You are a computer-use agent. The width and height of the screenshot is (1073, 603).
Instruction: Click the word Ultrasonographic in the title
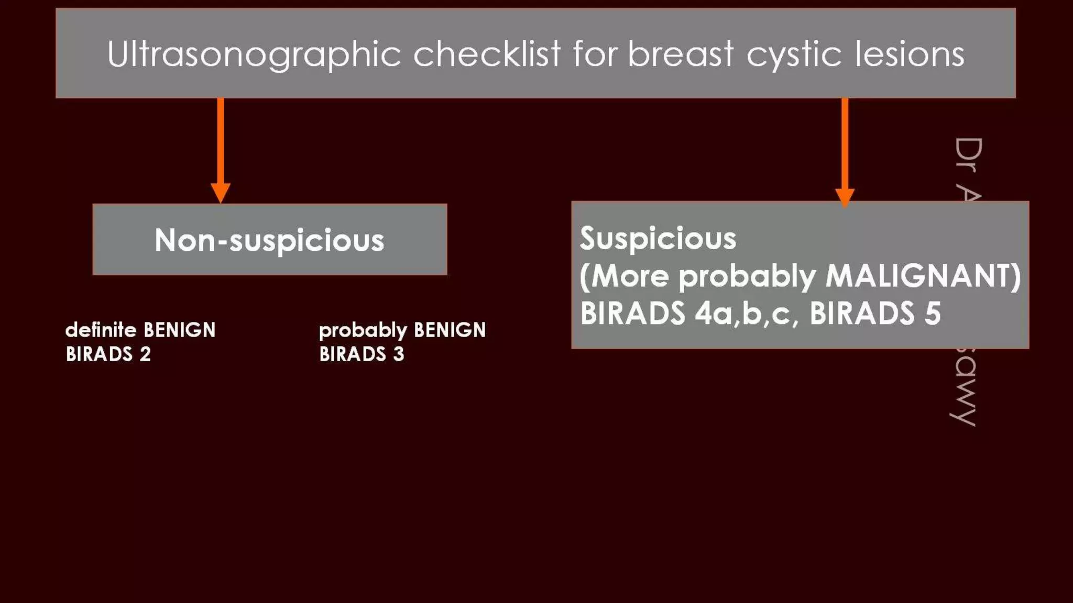pos(254,54)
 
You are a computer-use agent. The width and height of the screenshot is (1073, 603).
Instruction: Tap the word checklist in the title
pos(487,53)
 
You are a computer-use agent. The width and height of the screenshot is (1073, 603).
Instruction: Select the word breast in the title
pos(681,53)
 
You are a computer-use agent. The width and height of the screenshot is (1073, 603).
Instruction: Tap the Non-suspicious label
pos(269,240)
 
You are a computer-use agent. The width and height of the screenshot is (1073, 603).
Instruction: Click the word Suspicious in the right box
pos(658,239)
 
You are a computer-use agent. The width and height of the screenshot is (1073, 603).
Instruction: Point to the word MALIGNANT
pos(923,276)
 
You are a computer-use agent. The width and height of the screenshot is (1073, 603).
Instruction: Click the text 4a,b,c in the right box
pos(747,314)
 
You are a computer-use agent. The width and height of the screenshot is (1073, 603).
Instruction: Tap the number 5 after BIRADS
pos(933,314)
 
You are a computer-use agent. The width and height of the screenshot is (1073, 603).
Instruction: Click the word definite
pos(101,330)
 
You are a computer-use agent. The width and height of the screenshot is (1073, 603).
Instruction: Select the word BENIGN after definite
pos(179,330)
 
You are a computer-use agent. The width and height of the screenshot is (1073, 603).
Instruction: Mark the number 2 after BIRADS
pos(145,354)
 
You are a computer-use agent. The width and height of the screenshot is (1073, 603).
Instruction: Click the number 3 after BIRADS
pos(399,354)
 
